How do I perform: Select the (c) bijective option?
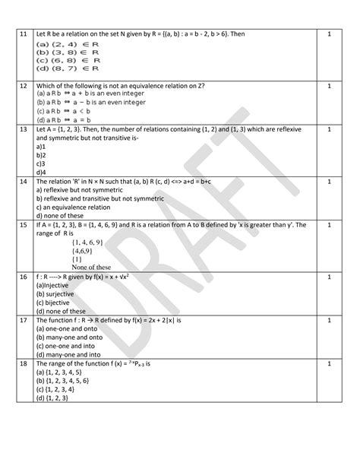[58, 304]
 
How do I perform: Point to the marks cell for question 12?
[329, 86]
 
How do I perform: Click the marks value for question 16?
[329, 278]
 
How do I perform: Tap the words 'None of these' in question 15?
[91, 267]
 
